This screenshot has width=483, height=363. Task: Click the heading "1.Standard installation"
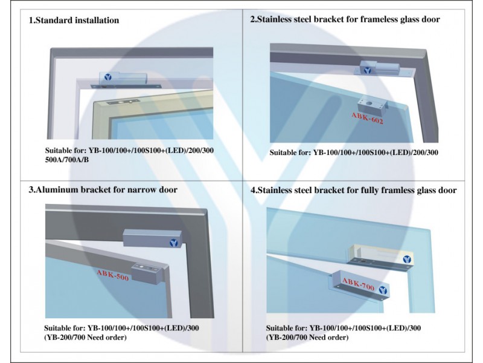point(74,21)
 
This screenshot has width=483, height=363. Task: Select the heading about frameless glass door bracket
point(345,19)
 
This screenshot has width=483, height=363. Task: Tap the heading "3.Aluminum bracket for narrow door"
point(103,189)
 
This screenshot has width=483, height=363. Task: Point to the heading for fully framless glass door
point(353,190)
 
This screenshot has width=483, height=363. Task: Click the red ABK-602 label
point(368,118)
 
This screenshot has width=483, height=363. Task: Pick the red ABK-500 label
point(113,275)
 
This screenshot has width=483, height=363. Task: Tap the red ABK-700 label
point(358,284)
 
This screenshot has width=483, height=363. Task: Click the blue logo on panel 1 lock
point(107,77)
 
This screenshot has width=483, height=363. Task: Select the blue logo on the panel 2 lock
point(367,70)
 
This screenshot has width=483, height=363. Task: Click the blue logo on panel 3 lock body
point(174,243)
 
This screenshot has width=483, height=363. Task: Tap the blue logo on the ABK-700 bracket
point(383,290)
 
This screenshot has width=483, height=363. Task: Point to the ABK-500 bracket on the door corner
point(147,273)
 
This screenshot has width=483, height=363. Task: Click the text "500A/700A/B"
point(67,160)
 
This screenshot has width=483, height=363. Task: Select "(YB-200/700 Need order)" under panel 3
point(85,337)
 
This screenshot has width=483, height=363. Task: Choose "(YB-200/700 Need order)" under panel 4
point(307,338)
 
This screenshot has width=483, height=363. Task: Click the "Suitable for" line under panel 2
point(354,152)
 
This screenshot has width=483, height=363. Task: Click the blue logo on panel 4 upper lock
point(407,260)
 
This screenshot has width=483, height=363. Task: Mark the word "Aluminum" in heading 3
point(57,189)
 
